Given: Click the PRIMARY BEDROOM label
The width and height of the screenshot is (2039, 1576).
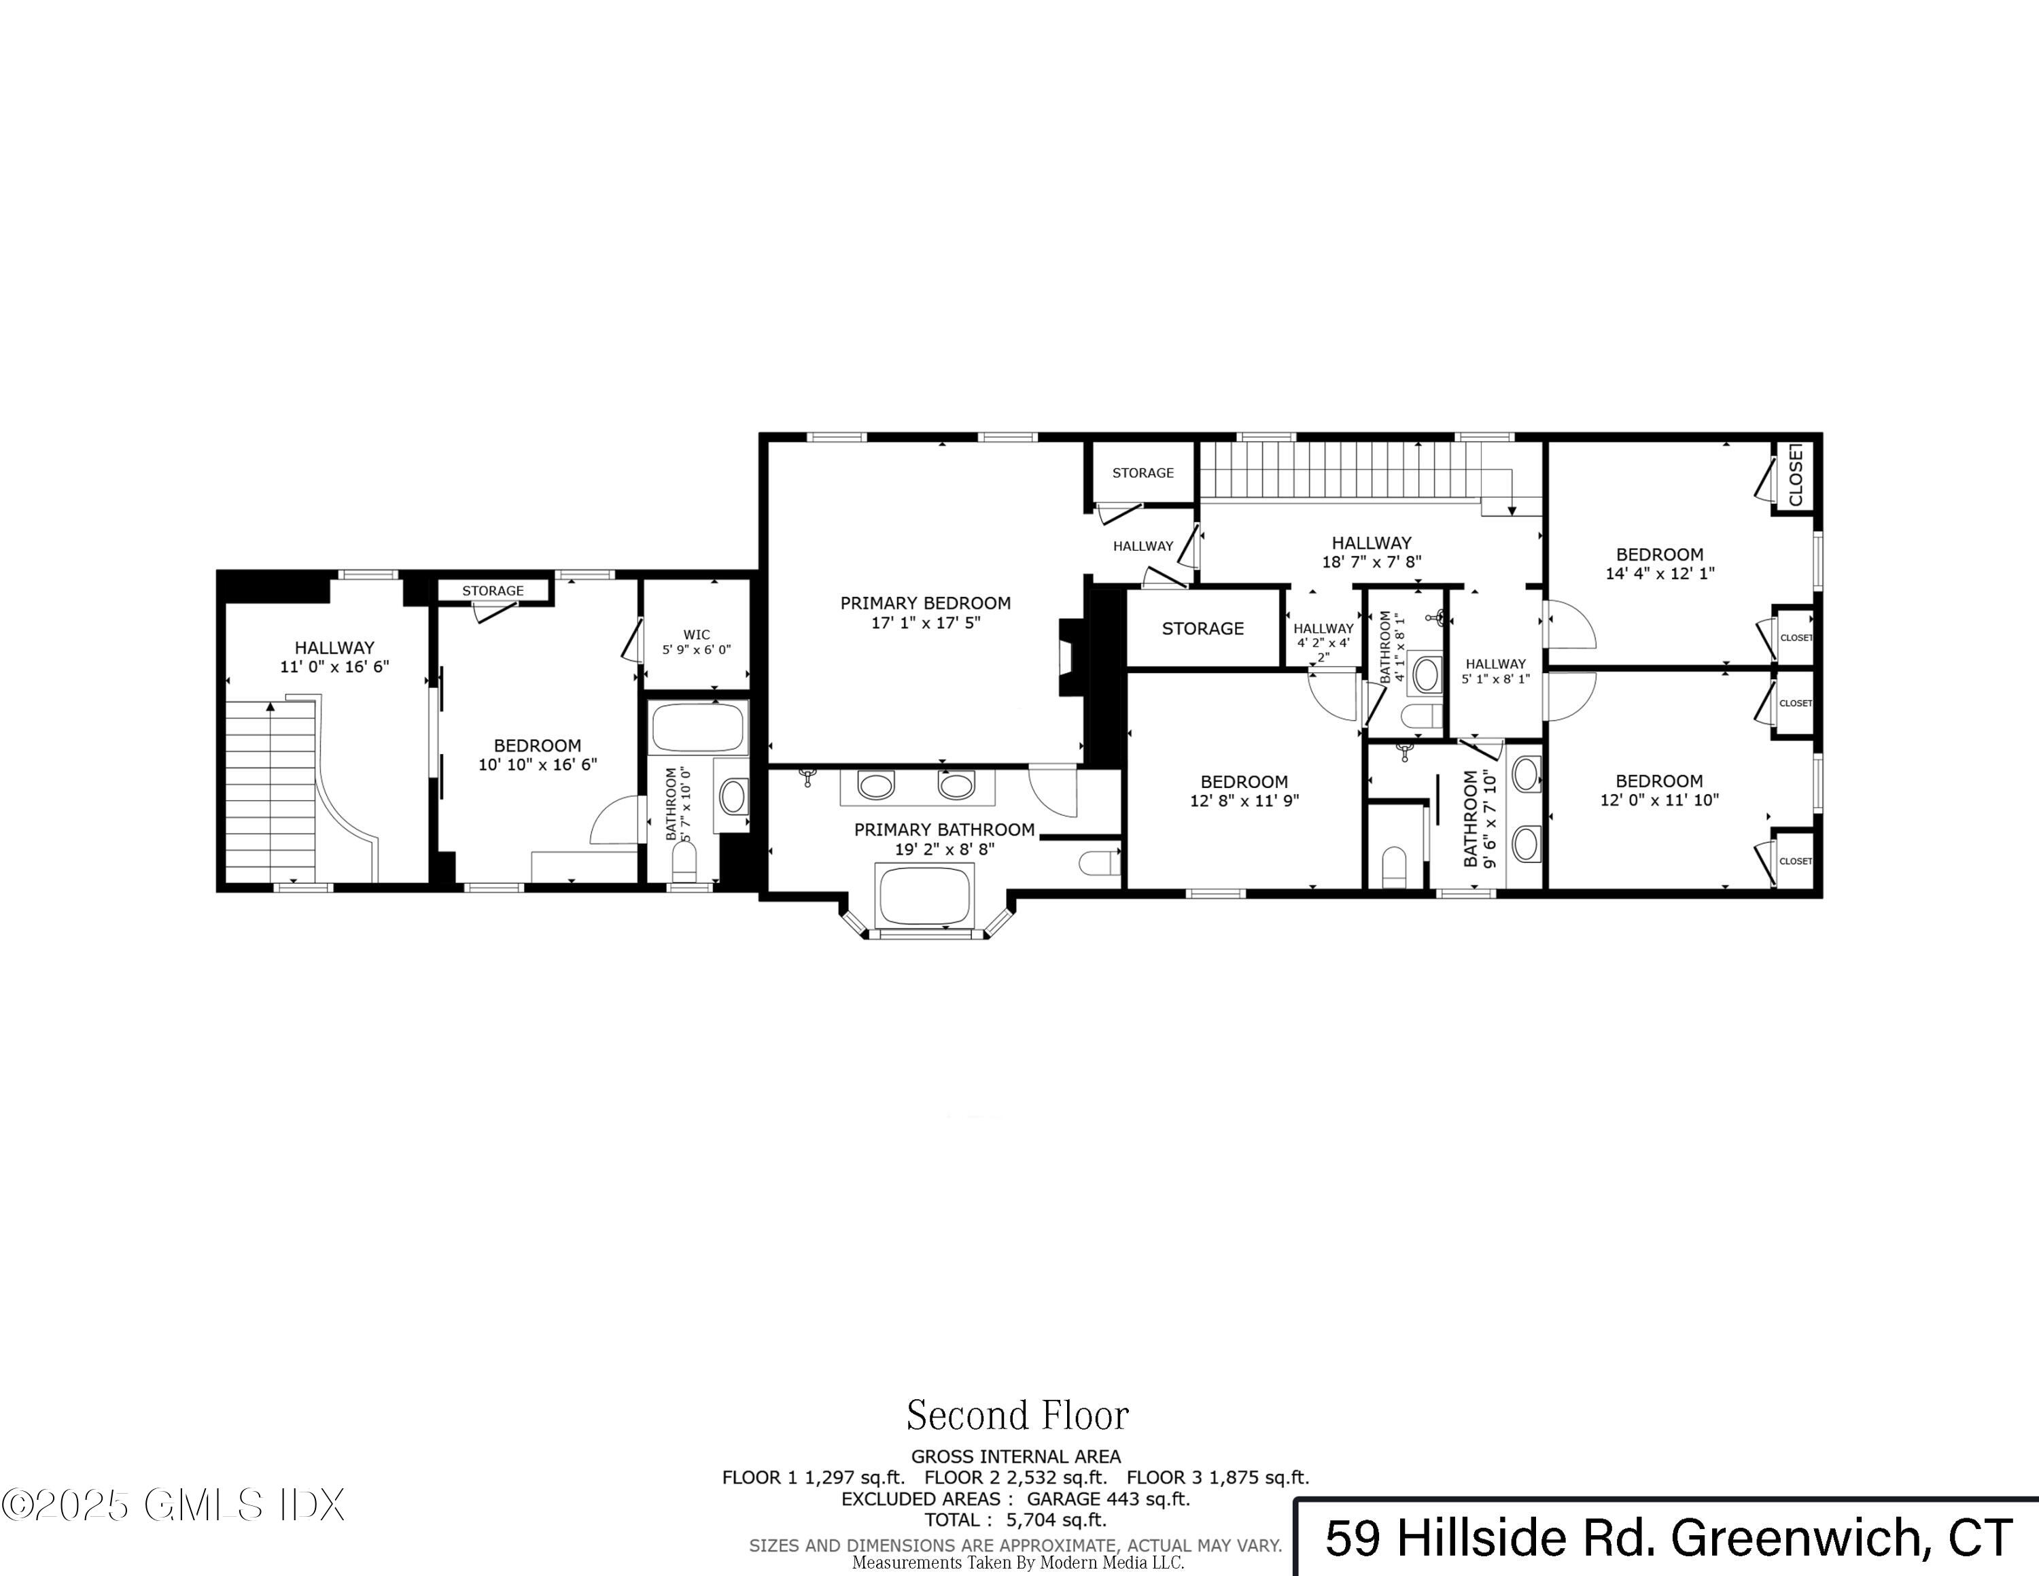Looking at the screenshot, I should (x=925, y=603).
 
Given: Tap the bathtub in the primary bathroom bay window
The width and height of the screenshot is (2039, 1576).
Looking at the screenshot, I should (x=924, y=895).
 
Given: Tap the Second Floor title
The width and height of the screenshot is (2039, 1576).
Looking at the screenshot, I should (x=1017, y=1416).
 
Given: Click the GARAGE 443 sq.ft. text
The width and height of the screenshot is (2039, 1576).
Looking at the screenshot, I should (x=1108, y=1499).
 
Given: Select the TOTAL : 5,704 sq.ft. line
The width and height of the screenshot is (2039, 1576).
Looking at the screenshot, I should (x=1016, y=1520).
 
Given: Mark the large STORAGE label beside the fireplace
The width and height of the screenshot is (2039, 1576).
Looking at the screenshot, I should (x=1202, y=628).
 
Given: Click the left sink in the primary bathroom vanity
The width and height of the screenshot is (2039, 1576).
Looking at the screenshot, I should (x=875, y=785).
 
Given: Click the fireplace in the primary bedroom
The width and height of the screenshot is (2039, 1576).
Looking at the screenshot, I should (x=1070, y=657).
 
